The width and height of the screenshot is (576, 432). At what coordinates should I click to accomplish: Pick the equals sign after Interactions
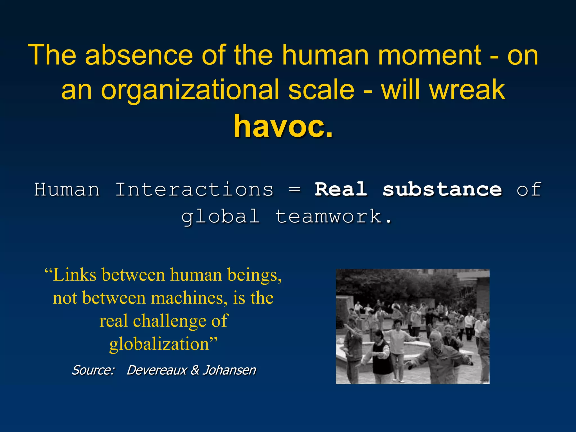[x=294, y=190]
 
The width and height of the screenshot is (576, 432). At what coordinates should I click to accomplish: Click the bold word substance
[x=442, y=189]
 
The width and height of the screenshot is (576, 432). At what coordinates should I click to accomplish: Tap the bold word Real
[x=341, y=189]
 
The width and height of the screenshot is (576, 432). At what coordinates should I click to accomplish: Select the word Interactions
[x=194, y=189]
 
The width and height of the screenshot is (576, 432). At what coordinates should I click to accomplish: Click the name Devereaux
[x=157, y=370]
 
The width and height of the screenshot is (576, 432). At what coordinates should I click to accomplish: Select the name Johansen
[x=229, y=370]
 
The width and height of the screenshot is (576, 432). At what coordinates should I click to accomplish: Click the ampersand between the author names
[x=195, y=370]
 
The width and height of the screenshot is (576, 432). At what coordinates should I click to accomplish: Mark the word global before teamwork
[x=220, y=217]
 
